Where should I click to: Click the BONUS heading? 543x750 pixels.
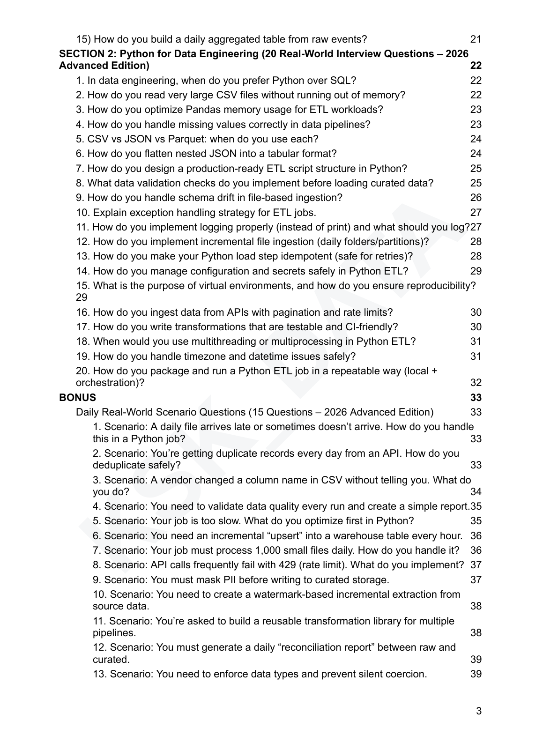coord(77,397)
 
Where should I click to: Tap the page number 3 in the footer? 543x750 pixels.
coord(478,711)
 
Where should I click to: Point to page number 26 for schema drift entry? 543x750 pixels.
coord(476,198)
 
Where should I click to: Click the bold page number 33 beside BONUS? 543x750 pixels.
coord(476,397)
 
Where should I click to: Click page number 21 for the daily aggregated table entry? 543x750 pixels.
coord(476,39)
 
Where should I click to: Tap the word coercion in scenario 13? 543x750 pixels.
coord(404,674)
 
